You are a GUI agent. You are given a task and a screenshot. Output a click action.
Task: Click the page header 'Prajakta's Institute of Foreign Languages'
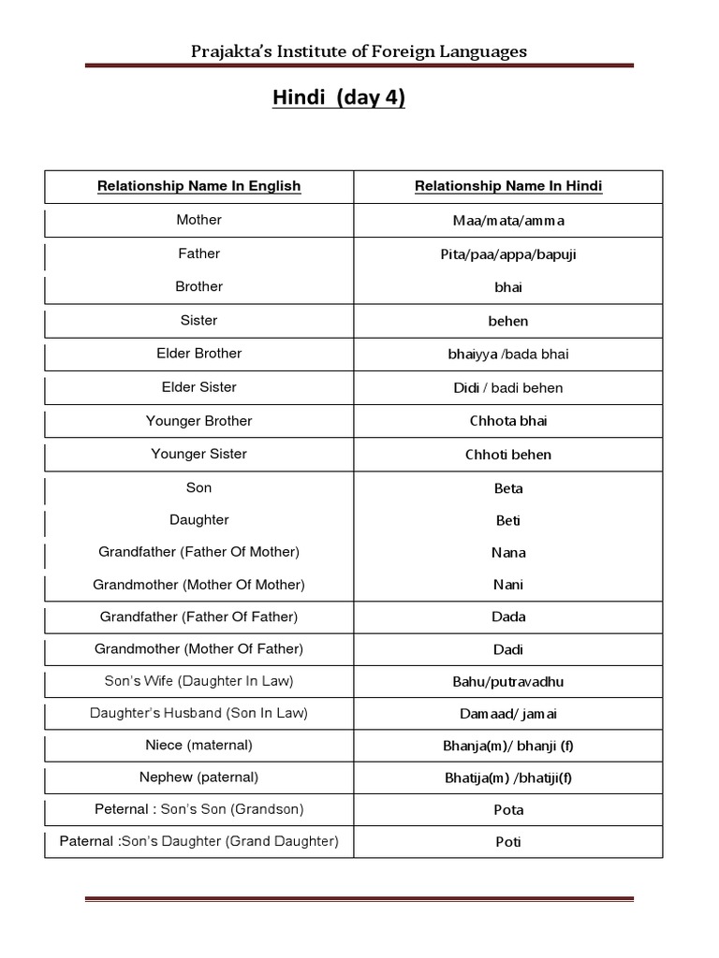(x=359, y=51)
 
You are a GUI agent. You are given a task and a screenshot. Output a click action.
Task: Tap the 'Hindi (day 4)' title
(x=339, y=98)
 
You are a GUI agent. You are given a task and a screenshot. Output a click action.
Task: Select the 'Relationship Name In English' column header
(x=199, y=186)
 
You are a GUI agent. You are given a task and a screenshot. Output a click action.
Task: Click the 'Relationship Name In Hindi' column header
(x=508, y=186)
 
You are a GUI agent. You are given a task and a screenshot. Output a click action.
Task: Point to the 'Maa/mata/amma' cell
(x=508, y=221)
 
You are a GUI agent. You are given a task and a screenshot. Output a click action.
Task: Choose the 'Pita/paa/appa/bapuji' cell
(x=508, y=254)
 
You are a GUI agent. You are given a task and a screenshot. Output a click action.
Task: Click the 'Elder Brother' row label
(x=199, y=354)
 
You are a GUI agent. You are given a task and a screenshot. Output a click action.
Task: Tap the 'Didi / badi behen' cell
(x=508, y=387)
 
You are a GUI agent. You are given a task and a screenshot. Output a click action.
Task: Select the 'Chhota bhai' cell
(x=508, y=421)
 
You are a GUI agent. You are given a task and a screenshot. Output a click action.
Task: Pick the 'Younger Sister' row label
(x=199, y=455)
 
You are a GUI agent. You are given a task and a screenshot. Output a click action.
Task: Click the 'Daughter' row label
(x=199, y=520)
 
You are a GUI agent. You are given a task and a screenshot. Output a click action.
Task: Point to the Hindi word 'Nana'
(x=508, y=553)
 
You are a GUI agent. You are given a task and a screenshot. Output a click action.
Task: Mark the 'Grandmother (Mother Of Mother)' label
(x=199, y=585)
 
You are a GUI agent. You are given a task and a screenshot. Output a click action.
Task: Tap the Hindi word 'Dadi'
(x=508, y=649)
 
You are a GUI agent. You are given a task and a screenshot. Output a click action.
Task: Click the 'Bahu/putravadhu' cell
(x=508, y=682)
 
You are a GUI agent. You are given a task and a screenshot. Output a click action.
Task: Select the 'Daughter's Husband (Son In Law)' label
(x=199, y=713)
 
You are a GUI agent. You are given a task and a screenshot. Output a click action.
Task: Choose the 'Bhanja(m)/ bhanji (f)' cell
(x=508, y=746)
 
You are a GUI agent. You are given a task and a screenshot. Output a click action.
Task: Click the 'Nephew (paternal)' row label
(x=199, y=777)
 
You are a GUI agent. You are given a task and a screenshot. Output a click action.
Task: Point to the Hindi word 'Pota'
(x=508, y=810)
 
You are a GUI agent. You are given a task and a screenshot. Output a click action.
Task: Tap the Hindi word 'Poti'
(x=508, y=842)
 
